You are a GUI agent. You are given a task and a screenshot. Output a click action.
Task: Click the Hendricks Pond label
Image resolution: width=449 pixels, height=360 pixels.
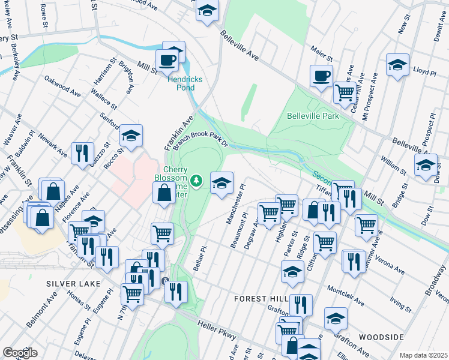coord(185,83)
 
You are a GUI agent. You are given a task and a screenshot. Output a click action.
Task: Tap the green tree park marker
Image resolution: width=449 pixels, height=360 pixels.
coord(196,180)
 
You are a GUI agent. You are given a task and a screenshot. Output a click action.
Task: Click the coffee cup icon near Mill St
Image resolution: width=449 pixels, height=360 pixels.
coord(167,59)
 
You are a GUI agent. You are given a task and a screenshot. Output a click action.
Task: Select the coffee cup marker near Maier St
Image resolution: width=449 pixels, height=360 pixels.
coord(321,76)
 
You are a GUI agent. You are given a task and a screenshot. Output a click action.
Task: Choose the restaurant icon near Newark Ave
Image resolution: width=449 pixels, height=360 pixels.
coord(82,152)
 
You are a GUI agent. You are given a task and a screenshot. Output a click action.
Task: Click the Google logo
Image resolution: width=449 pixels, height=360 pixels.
coord(20,353)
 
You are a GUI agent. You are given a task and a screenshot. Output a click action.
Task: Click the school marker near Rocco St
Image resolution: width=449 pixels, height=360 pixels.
coord(131,136)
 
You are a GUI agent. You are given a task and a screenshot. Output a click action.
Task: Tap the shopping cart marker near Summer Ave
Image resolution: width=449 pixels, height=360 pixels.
coord(366,225)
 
